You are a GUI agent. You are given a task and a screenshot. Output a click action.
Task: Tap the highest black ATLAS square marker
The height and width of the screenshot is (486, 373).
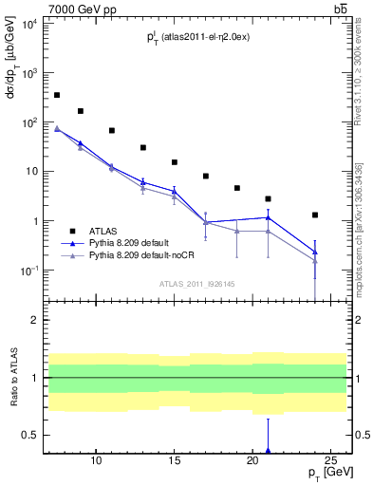57,95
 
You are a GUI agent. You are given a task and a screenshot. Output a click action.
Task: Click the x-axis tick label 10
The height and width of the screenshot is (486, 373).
96,461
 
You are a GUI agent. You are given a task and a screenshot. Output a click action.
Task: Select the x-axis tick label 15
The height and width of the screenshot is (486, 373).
175,461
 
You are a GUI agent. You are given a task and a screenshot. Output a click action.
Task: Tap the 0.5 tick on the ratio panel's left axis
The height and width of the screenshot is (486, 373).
29,436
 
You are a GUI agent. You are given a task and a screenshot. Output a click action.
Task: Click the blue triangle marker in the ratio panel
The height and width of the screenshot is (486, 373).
269,451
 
